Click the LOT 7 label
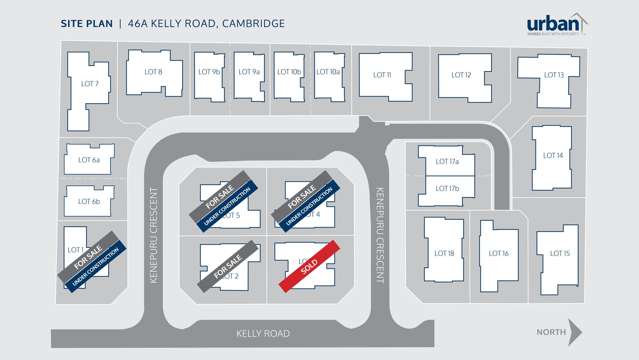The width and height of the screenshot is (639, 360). pyautogui.click(x=89, y=83)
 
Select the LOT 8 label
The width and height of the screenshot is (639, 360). pyautogui.click(x=153, y=71)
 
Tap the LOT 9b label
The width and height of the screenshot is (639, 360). pyautogui.click(x=209, y=72)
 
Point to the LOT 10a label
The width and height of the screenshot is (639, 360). pyautogui.click(x=328, y=72)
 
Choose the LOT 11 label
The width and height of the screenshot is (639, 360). pyautogui.click(x=382, y=75)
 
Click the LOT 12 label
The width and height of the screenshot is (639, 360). pyautogui.click(x=461, y=75)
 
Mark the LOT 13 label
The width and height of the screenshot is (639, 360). pyautogui.click(x=554, y=75)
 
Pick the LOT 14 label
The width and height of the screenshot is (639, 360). pyautogui.click(x=553, y=155)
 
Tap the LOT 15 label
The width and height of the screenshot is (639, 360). pyautogui.click(x=559, y=254)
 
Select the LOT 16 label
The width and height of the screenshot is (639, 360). pyautogui.click(x=499, y=254)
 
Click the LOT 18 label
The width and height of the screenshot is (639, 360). pyautogui.click(x=444, y=254)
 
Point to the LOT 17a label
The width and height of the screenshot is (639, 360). pyautogui.click(x=447, y=161)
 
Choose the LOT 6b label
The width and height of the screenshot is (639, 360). pyautogui.click(x=89, y=203)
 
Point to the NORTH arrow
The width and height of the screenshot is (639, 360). pyautogui.click(x=561, y=332)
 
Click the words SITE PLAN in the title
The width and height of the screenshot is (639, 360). pyautogui.click(x=85, y=22)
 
